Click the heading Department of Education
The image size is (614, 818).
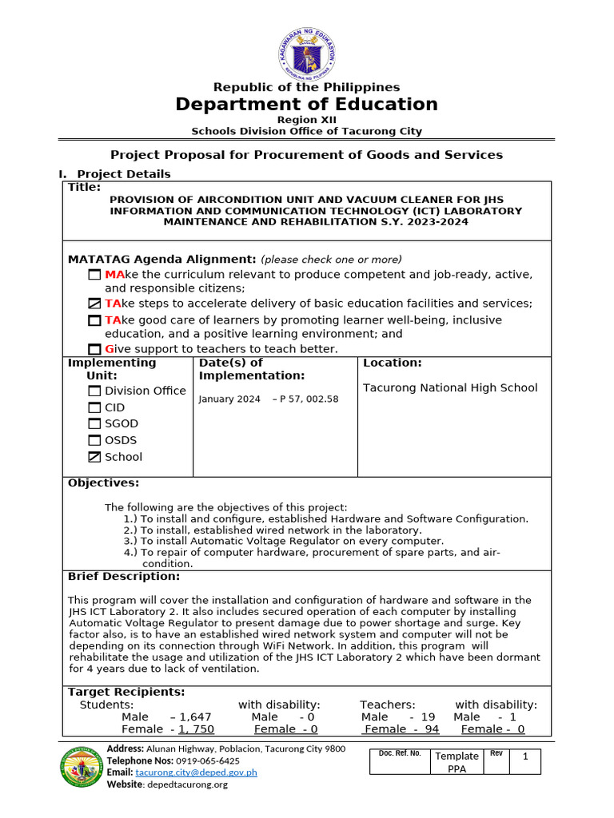pos(306,105)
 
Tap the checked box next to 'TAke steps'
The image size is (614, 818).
pos(94,304)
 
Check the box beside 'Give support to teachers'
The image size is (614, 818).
pos(94,349)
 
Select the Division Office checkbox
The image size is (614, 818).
pos(94,391)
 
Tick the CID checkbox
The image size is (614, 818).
pos(94,407)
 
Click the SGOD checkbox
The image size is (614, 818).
pos(94,424)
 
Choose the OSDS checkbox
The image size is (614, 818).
pos(94,440)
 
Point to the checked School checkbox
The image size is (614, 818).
pos(94,457)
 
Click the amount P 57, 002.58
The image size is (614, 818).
pos(308,399)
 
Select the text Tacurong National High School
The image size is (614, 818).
pos(450,388)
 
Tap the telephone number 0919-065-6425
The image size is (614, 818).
pos(208,761)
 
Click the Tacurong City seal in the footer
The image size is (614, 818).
pos(82,766)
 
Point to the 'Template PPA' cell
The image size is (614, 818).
pos(457,762)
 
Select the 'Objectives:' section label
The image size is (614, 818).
pos(103,483)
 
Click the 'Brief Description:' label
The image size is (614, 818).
pos(124,577)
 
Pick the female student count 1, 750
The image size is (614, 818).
pos(197,729)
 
